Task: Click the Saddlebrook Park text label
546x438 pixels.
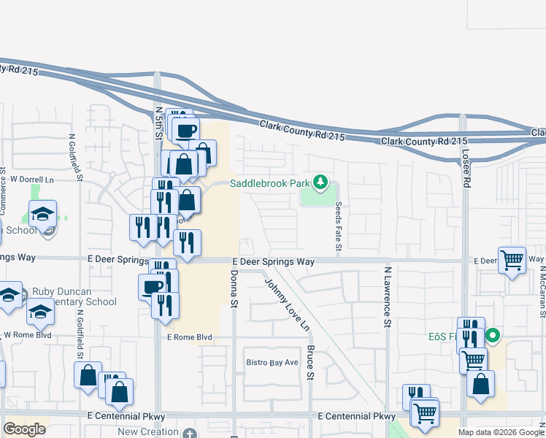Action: (x=270, y=183)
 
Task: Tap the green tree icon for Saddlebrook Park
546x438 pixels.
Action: (x=320, y=182)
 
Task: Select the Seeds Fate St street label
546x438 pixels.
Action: (x=338, y=228)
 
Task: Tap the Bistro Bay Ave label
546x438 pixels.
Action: (x=272, y=363)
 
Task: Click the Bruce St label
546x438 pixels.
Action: (x=310, y=362)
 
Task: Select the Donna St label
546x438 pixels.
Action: (x=234, y=288)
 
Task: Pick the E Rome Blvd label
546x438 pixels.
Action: (x=189, y=337)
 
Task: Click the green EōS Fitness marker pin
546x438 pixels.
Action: (x=493, y=337)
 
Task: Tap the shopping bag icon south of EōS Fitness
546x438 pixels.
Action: (x=481, y=384)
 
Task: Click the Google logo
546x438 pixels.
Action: (x=24, y=429)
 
